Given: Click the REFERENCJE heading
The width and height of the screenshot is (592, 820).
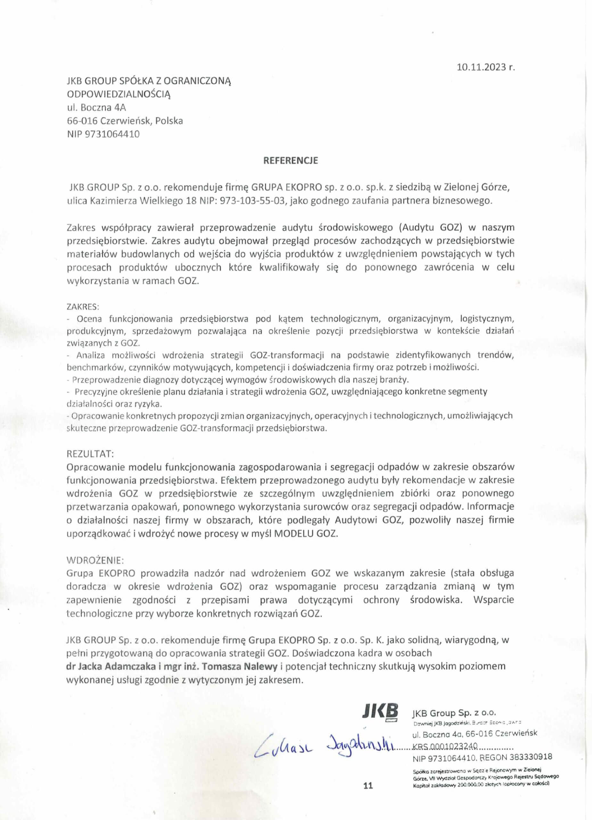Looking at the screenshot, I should coord(291,160).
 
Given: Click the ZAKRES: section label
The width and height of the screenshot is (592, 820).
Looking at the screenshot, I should coord(83,307).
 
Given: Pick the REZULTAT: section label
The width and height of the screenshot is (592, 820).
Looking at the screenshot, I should coord(90,453).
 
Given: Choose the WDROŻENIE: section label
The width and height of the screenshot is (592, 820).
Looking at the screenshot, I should coord(95,560).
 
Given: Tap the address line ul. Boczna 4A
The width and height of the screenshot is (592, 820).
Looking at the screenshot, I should coord(96,107).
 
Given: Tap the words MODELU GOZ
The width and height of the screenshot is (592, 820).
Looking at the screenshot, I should coord(306,534).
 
